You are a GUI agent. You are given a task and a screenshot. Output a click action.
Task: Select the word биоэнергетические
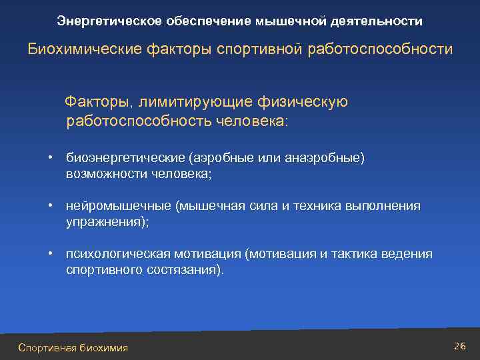coord(125,158)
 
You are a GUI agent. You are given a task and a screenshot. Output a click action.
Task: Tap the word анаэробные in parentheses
coord(323,158)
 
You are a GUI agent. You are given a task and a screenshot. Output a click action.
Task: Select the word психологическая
coord(119,254)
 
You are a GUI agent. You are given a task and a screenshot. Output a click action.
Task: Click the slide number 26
coord(459,345)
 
